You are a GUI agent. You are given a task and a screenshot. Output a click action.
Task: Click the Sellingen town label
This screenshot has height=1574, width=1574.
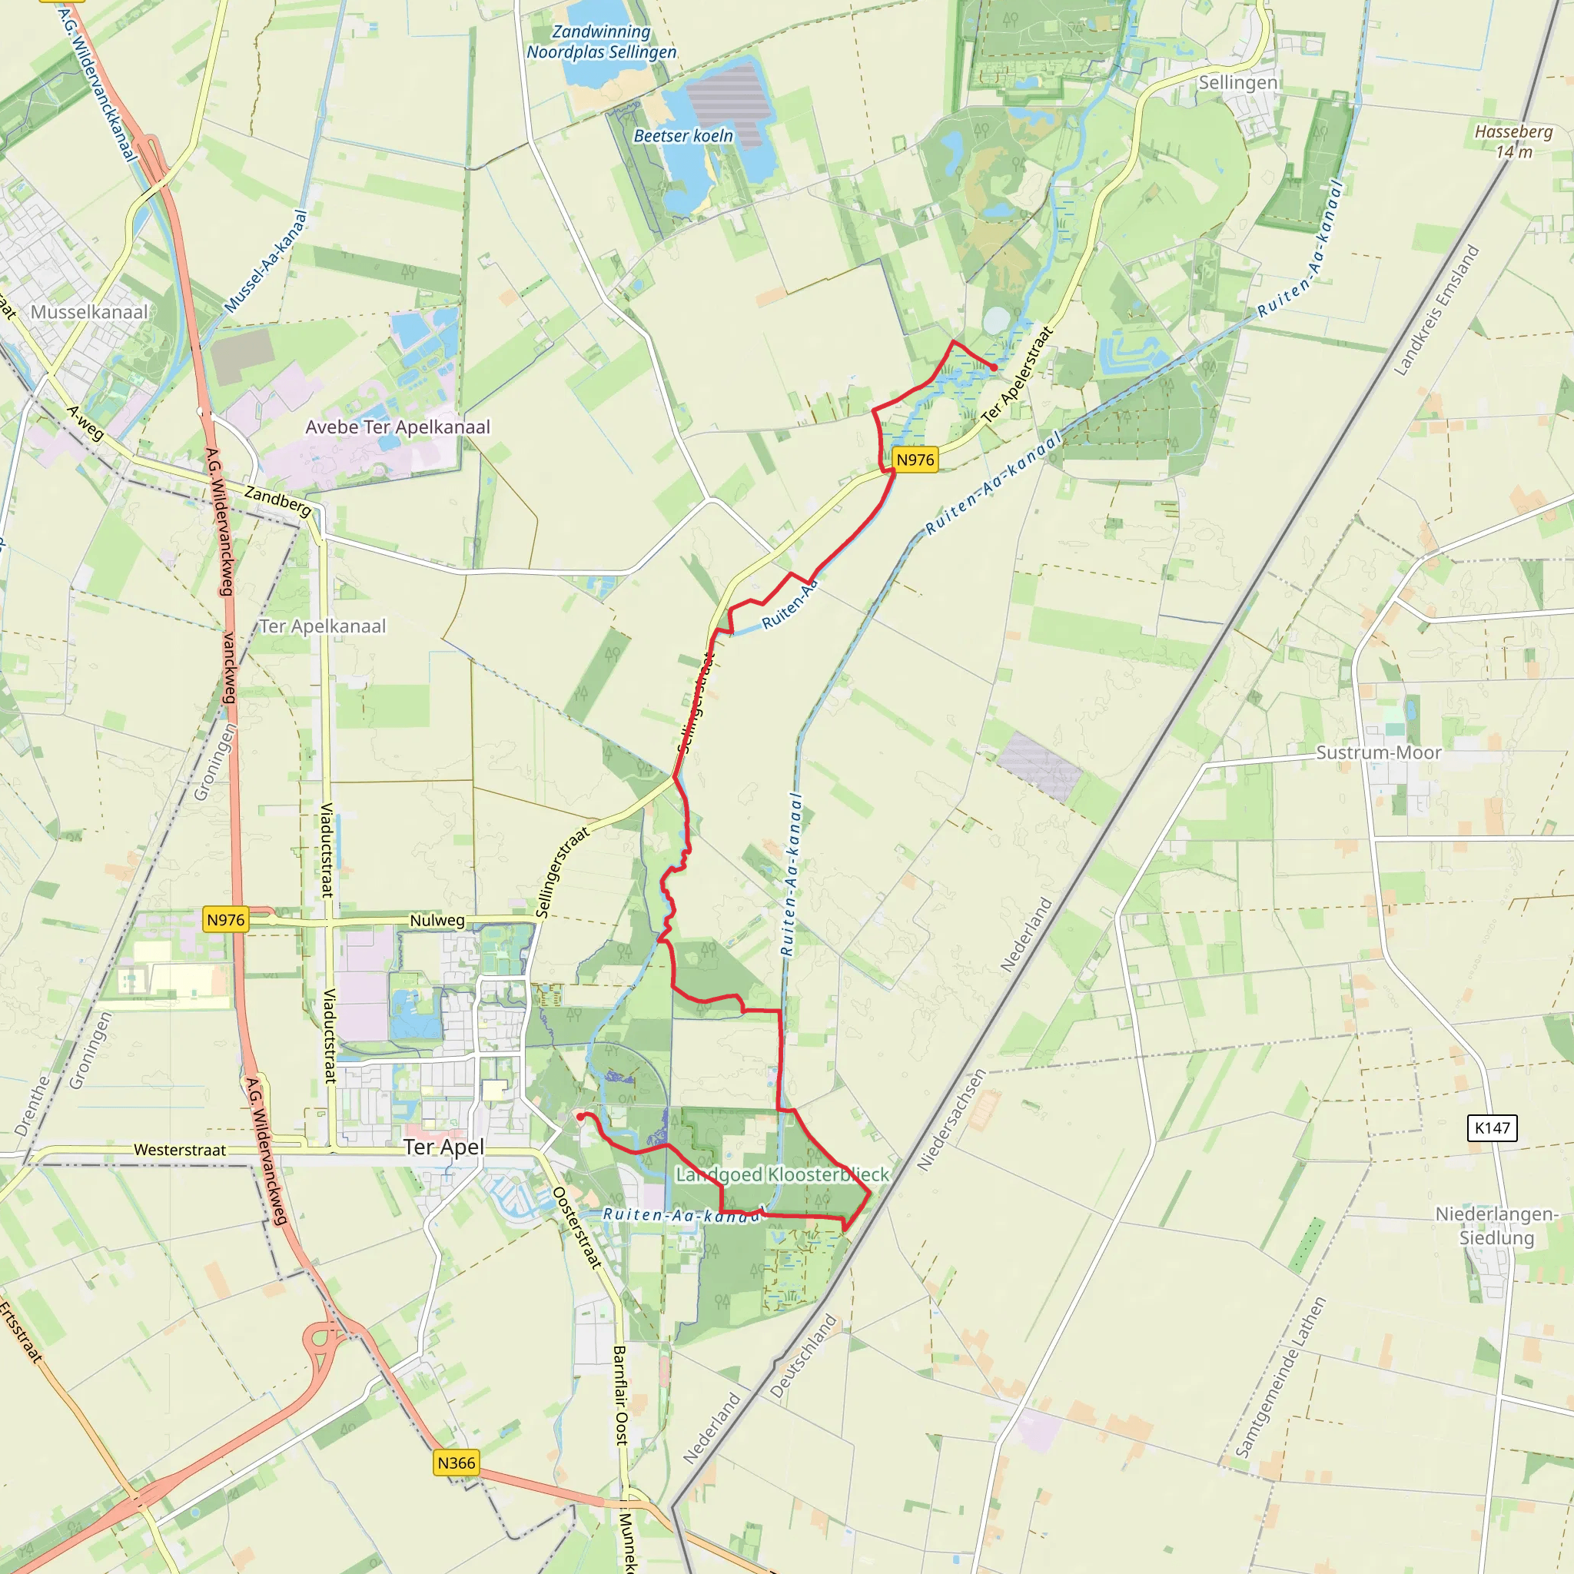1237,82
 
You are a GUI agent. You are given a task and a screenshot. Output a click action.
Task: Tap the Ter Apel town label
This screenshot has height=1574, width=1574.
444,1147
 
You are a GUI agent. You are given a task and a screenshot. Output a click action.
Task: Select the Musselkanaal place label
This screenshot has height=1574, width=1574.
90,312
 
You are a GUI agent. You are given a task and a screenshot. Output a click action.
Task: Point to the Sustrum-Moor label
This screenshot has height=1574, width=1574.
1379,752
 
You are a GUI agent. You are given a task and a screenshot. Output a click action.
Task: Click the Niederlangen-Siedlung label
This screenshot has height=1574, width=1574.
1496,1225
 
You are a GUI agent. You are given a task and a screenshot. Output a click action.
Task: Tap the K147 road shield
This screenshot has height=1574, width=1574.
1493,1127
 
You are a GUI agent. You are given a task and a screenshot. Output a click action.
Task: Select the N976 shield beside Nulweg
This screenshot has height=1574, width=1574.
226,920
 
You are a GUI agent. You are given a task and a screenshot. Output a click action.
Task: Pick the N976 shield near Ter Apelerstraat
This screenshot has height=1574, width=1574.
915,460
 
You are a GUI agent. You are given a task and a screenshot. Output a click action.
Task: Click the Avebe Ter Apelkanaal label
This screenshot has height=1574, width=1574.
397,427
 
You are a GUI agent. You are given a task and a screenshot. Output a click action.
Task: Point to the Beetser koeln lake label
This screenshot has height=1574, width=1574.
683,136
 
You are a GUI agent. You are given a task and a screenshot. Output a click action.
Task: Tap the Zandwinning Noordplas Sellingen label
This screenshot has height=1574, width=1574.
601,42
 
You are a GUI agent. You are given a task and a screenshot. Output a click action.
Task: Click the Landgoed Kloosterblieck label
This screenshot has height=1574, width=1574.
782,1174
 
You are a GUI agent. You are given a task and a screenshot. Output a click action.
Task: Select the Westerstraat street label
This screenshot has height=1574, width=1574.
180,1150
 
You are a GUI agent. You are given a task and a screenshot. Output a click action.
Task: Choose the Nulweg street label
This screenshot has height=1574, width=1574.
437,921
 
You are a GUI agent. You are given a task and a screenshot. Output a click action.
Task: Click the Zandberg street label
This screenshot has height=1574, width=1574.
277,501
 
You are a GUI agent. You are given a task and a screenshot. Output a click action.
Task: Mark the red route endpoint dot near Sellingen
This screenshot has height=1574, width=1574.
994,368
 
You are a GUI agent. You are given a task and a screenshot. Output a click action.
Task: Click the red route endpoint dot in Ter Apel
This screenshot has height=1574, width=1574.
580,1117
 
